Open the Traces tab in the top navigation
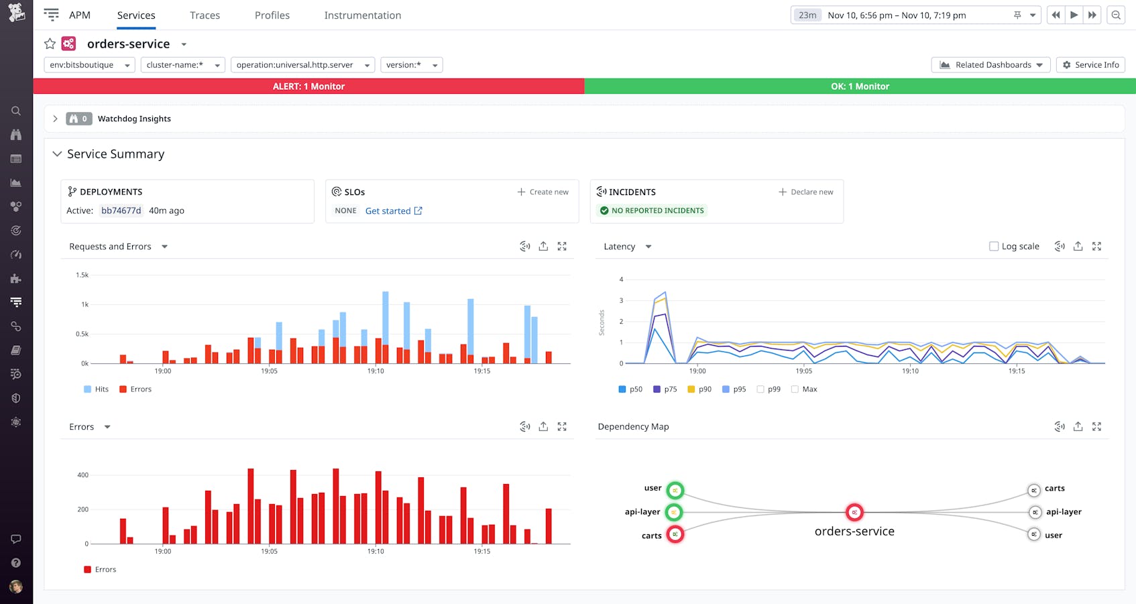[x=205, y=15]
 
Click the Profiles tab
[x=272, y=15]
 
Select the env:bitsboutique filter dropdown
[x=89, y=65]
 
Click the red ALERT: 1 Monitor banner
[x=308, y=86]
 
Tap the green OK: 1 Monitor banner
[x=860, y=86]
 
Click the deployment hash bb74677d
[x=121, y=210]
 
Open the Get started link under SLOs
[x=394, y=210]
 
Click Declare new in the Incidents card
[x=806, y=192]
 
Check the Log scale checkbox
[x=994, y=247]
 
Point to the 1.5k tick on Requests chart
[x=82, y=275]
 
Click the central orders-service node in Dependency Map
[x=854, y=513]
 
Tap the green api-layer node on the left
[x=675, y=512]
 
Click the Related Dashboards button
[x=990, y=65]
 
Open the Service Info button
[x=1090, y=65]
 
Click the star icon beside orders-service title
[x=50, y=44]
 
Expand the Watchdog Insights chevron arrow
[x=55, y=119]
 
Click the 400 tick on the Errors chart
[x=82, y=475]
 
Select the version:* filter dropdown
[x=411, y=65]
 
